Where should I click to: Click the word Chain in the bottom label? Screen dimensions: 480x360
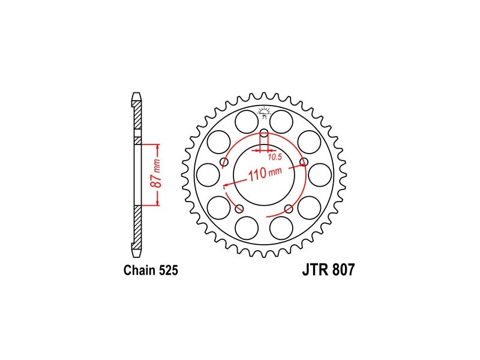140,271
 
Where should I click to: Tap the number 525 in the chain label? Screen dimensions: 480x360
169,271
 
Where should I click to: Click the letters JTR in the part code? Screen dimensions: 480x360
316,270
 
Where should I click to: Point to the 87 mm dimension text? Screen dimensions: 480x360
156,173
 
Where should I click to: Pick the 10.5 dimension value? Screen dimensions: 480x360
275,157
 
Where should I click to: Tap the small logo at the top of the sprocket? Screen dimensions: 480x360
263,112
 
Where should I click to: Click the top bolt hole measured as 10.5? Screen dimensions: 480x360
263,134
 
